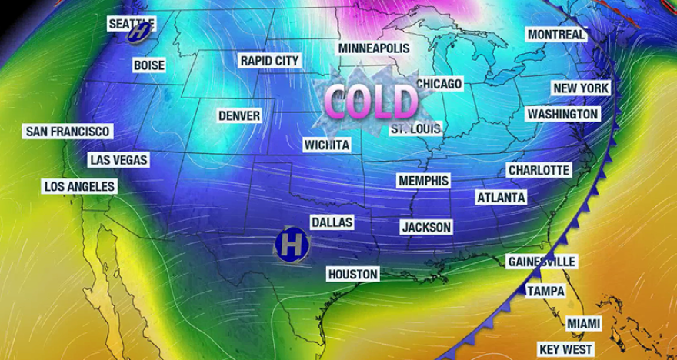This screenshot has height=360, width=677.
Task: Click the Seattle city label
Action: coord(132,23)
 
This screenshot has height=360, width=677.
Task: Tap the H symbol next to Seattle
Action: coord(139,32)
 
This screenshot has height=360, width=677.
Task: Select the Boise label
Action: coord(149,65)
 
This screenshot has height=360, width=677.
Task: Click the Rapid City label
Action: coord(269,60)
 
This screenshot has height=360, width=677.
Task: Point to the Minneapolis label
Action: coord(374,48)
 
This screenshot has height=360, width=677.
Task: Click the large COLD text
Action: coord(371,100)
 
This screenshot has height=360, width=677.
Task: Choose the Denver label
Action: coord(239,115)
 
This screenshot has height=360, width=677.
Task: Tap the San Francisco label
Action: coord(68,132)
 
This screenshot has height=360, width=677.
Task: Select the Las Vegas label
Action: coord(118,160)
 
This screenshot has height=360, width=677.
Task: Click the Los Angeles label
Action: coord(80,186)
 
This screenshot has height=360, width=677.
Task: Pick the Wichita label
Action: coord(327,145)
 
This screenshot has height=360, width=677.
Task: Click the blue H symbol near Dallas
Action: coord(292,244)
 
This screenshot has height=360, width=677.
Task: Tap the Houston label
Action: coord(353,274)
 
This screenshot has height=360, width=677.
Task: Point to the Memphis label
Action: coord(423,180)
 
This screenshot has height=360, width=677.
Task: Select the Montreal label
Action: coord(556,35)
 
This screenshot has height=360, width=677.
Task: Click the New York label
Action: coord(581,88)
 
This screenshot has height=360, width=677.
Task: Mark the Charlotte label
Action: coord(539,170)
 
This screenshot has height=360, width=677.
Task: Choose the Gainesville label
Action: coord(542,262)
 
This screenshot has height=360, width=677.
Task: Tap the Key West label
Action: coord(565,349)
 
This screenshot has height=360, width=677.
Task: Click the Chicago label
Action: coord(439,83)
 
